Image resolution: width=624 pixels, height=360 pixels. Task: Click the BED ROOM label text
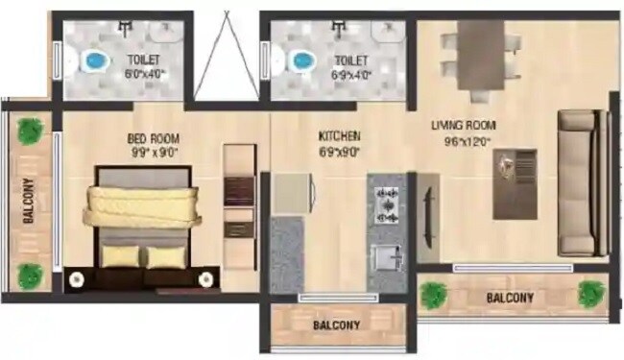point(154,137)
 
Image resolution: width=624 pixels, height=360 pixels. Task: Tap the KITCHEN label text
point(339,136)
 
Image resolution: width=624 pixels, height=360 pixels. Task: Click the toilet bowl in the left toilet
point(94,62)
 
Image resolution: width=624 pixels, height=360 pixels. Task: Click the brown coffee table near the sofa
point(515,183)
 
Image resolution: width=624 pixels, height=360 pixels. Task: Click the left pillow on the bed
point(120,256)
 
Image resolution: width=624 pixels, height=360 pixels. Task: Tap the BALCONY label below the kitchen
point(336,324)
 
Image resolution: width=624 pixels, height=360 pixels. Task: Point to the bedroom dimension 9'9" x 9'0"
point(154,151)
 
